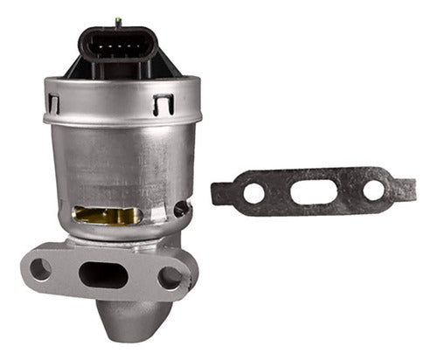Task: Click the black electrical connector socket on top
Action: pos(117,48)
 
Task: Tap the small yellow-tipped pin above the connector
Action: pos(118,19)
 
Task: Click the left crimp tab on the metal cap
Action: pos(54,104)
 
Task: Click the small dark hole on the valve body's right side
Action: pos(182,210)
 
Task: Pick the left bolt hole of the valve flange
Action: pos(40,269)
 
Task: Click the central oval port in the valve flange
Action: pos(103,273)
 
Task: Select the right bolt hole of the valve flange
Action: pos(170,278)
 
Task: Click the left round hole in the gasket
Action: pos(253,192)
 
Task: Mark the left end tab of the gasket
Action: pos(219,194)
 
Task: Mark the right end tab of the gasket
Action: pos(407,187)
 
